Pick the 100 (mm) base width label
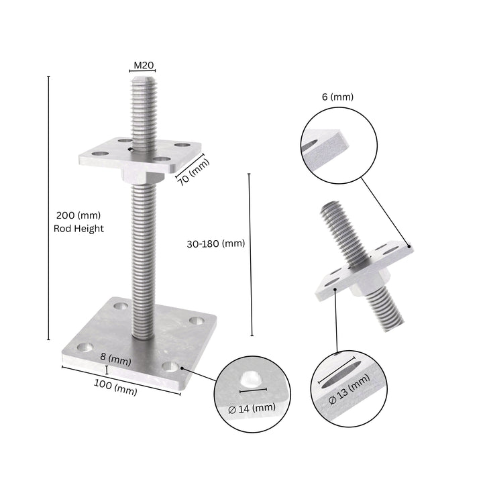coord(116,387)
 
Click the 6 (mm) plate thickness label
coord(337,97)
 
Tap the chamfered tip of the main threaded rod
coord(142,78)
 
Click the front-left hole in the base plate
coord(85,347)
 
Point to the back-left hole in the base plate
coord(121,306)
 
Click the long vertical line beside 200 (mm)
coord(49,208)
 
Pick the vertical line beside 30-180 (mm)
coord(250,255)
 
